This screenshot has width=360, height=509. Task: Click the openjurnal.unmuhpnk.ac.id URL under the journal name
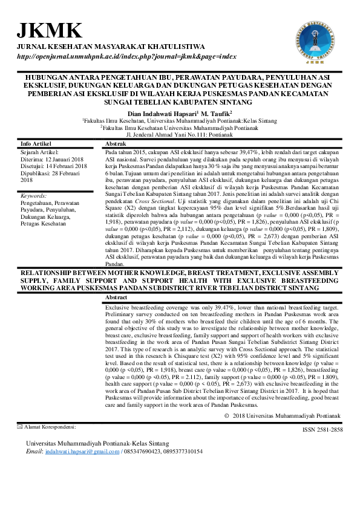pyautogui.click(x=126, y=56)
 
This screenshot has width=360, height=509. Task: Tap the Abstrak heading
pyautogui.click(x=116, y=144)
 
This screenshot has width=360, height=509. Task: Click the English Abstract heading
pyautogui.click(x=117, y=299)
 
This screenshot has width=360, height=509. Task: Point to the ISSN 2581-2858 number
pyautogui.click(x=322, y=429)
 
